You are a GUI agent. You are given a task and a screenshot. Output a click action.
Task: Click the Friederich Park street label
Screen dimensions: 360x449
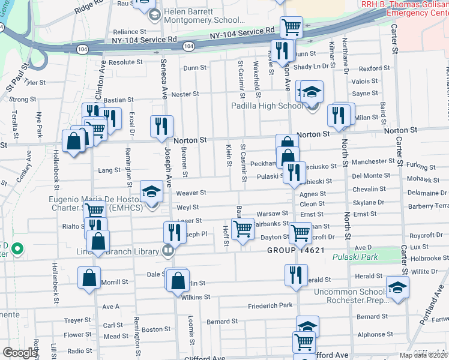click(270, 305)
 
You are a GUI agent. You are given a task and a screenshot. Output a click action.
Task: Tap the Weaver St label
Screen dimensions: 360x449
click(191, 193)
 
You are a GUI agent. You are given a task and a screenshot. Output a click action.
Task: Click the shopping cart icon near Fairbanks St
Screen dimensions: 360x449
click(243, 228)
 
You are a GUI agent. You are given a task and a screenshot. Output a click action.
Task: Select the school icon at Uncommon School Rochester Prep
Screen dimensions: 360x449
click(397, 286)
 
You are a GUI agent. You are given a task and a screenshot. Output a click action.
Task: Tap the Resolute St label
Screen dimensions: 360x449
click(125, 62)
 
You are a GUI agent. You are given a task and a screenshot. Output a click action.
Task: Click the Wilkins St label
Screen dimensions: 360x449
click(196, 296)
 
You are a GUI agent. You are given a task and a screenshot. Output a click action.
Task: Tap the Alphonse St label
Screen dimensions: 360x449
click(375, 334)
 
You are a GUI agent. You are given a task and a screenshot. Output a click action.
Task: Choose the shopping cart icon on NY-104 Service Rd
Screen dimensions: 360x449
click(291, 26)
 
